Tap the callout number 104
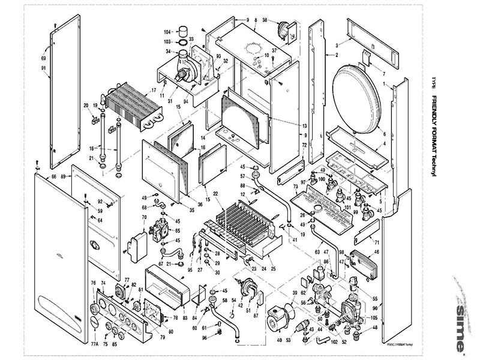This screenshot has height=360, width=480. (x=167, y=31)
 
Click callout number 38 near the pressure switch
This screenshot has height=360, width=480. (x=265, y=20)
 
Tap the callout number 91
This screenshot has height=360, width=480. (x=43, y=68)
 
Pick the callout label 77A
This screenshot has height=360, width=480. (x=94, y=344)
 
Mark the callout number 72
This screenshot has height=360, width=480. (x=304, y=145)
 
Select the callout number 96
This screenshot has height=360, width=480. (x=204, y=338)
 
